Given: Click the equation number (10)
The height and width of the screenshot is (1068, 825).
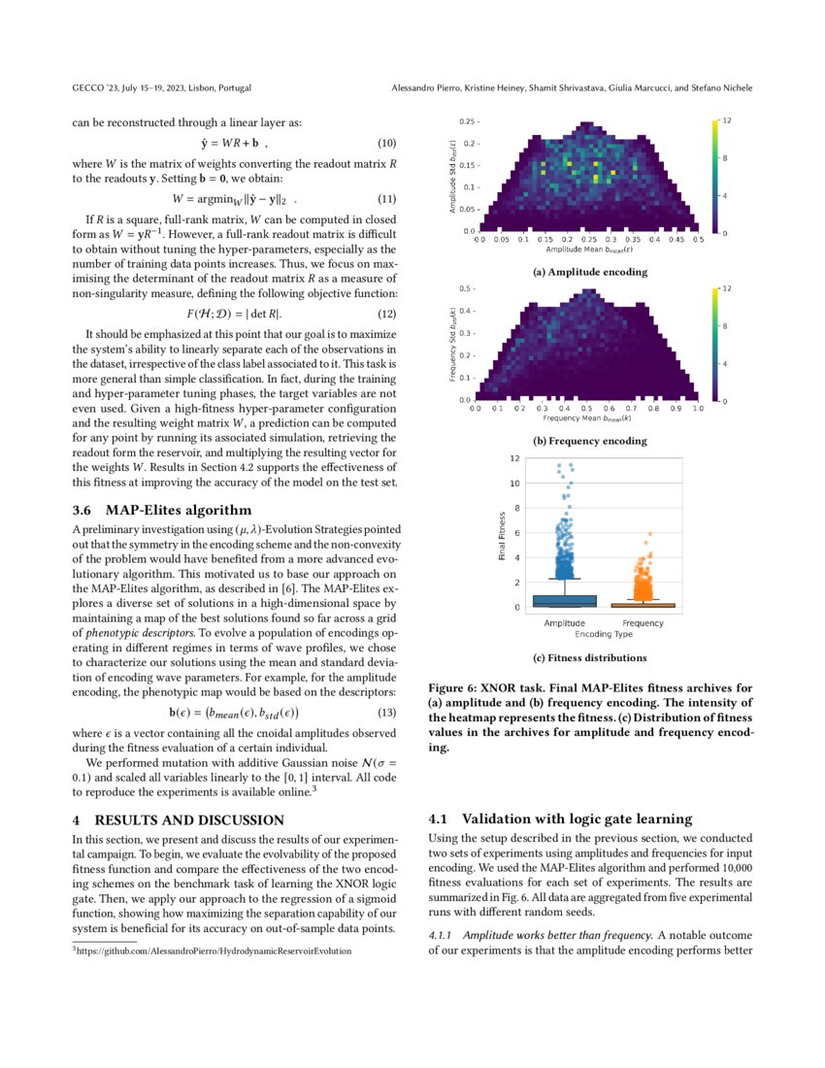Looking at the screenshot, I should click(384, 144).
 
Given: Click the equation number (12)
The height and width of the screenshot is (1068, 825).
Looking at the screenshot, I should click(384, 314).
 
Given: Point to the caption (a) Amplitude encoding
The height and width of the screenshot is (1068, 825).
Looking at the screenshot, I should click(590, 272).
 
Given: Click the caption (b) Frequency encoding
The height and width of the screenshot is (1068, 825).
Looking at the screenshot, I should click(590, 440).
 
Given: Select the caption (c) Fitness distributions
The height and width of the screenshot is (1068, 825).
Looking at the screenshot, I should click(590, 657).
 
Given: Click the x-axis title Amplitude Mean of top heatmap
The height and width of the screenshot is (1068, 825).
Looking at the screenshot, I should click(589, 250).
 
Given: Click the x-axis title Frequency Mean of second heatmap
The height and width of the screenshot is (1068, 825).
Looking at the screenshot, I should click(588, 417).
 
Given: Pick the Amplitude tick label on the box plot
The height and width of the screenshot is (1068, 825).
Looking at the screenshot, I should click(564, 622).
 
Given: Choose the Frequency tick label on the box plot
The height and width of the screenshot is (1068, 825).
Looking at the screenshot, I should click(643, 622).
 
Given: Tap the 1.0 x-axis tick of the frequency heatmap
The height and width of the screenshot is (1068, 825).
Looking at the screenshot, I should click(697, 409).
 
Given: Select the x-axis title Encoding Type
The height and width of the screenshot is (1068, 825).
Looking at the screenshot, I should click(604, 633).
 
